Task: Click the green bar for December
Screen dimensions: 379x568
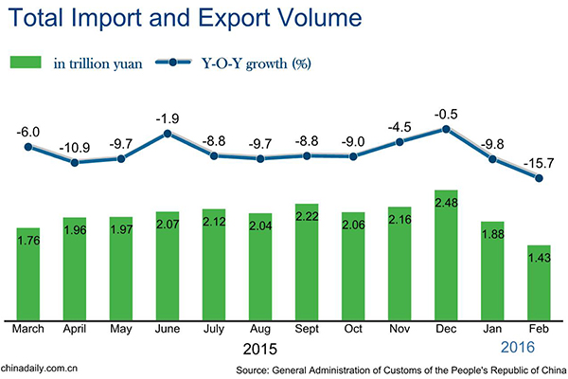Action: click(446, 256)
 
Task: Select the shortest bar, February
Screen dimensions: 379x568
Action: click(539, 283)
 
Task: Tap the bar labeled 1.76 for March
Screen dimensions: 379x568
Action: click(28, 275)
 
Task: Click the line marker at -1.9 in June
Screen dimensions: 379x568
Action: click(168, 134)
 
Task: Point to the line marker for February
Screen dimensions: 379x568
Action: click(539, 177)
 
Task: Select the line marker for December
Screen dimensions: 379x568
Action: click(446, 129)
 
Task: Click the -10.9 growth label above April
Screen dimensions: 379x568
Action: click(75, 149)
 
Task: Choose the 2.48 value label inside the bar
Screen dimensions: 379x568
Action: click(446, 204)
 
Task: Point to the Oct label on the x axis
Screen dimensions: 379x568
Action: click(353, 330)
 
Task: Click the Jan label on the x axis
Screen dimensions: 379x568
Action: click(492, 330)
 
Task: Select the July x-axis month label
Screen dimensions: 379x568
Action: click(214, 330)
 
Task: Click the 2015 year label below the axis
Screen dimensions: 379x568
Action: click(261, 348)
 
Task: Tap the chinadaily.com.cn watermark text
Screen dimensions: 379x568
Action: click(40, 368)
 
